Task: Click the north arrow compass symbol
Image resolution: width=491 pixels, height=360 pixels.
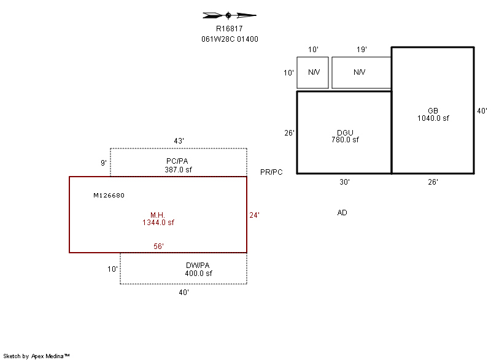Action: [229, 15]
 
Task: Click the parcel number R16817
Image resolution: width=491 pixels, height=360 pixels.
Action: [230, 28]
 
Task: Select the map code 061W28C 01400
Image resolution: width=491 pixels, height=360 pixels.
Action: [230, 39]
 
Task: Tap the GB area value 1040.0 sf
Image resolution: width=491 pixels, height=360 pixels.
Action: [433, 118]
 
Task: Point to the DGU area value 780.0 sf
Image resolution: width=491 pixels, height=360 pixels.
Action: [344, 140]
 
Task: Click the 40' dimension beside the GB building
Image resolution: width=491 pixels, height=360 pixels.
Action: [482, 111]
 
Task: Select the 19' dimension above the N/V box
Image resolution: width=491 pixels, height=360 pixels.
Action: [361, 49]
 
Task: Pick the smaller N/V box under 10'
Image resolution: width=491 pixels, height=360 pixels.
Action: [313, 72]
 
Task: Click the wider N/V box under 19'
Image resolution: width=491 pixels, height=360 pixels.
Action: [361, 72]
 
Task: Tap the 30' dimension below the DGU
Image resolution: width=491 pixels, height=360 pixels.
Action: [344, 182]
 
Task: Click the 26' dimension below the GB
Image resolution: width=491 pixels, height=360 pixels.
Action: [433, 182]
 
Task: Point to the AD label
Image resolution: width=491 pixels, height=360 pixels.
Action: [342, 213]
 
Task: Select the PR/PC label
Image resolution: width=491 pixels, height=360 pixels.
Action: [271, 172]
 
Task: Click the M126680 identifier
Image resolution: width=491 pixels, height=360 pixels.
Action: [109, 196]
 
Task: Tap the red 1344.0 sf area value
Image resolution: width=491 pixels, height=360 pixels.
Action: [158, 223]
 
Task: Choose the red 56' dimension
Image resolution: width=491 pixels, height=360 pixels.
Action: [158, 247]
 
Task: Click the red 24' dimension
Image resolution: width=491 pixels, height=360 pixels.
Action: [254, 215]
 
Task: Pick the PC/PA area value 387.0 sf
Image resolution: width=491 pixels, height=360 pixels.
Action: [179, 169]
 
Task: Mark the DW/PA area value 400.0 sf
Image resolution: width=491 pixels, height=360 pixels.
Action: [198, 274]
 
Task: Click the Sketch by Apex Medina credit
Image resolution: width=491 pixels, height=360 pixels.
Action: [36, 356]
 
